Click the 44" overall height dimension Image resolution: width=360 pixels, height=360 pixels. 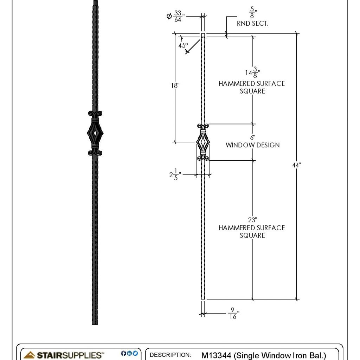[x=297, y=165]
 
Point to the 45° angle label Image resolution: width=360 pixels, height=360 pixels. [x=183, y=45]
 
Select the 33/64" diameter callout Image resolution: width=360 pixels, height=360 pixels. [x=177, y=17]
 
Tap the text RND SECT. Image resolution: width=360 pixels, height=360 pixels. [x=252, y=24]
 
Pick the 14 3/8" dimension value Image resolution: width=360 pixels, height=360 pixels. [x=251, y=73]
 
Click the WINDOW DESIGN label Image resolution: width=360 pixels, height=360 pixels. [x=252, y=145]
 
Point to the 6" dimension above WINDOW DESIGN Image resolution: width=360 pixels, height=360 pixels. [x=252, y=137]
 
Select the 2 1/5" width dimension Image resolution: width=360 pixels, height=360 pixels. [x=175, y=175]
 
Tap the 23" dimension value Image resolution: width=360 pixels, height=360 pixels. [x=252, y=220]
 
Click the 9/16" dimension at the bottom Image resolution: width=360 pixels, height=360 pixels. [x=233, y=313]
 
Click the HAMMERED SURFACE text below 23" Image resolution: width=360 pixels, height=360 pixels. [x=251, y=228]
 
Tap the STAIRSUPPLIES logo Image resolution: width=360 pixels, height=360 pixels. [x=64, y=355]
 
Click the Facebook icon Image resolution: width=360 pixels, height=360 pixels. [x=123, y=353]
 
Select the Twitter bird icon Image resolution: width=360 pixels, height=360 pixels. [x=135, y=353]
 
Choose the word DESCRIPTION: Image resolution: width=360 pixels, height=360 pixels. [x=171, y=355]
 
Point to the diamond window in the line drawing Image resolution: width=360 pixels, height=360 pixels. [x=203, y=143]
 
